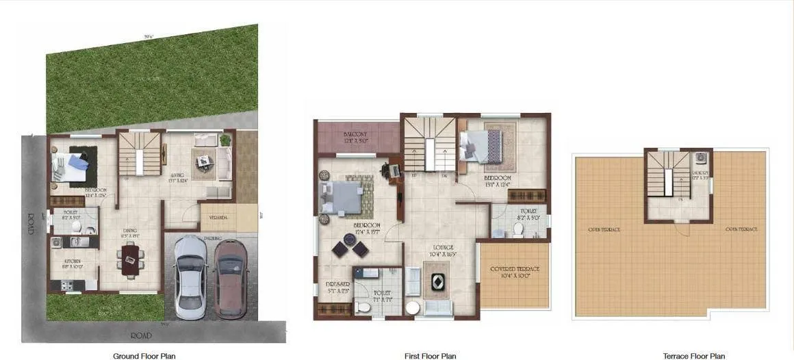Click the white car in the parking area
pyautogui.click(x=190, y=276)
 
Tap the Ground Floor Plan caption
pyautogui.click(x=144, y=356)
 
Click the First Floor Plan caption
pyautogui.click(x=429, y=356)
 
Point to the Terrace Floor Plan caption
pyautogui.click(x=694, y=356)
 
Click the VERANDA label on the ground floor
pyautogui.click(x=218, y=218)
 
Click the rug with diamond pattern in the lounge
pyautogui.click(x=436, y=283)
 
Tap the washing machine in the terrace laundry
pyautogui.click(x=701, y=157)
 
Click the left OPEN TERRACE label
pyautogui.click(x=604, y=229)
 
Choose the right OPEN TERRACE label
pyautogui.click(x=741, y=229)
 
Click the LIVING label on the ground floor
pyautogui.click(x=178, y=175)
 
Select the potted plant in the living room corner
pyautogui.click(x=225, y=140)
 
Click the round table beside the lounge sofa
pyautogui.click(x=412, y=307)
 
